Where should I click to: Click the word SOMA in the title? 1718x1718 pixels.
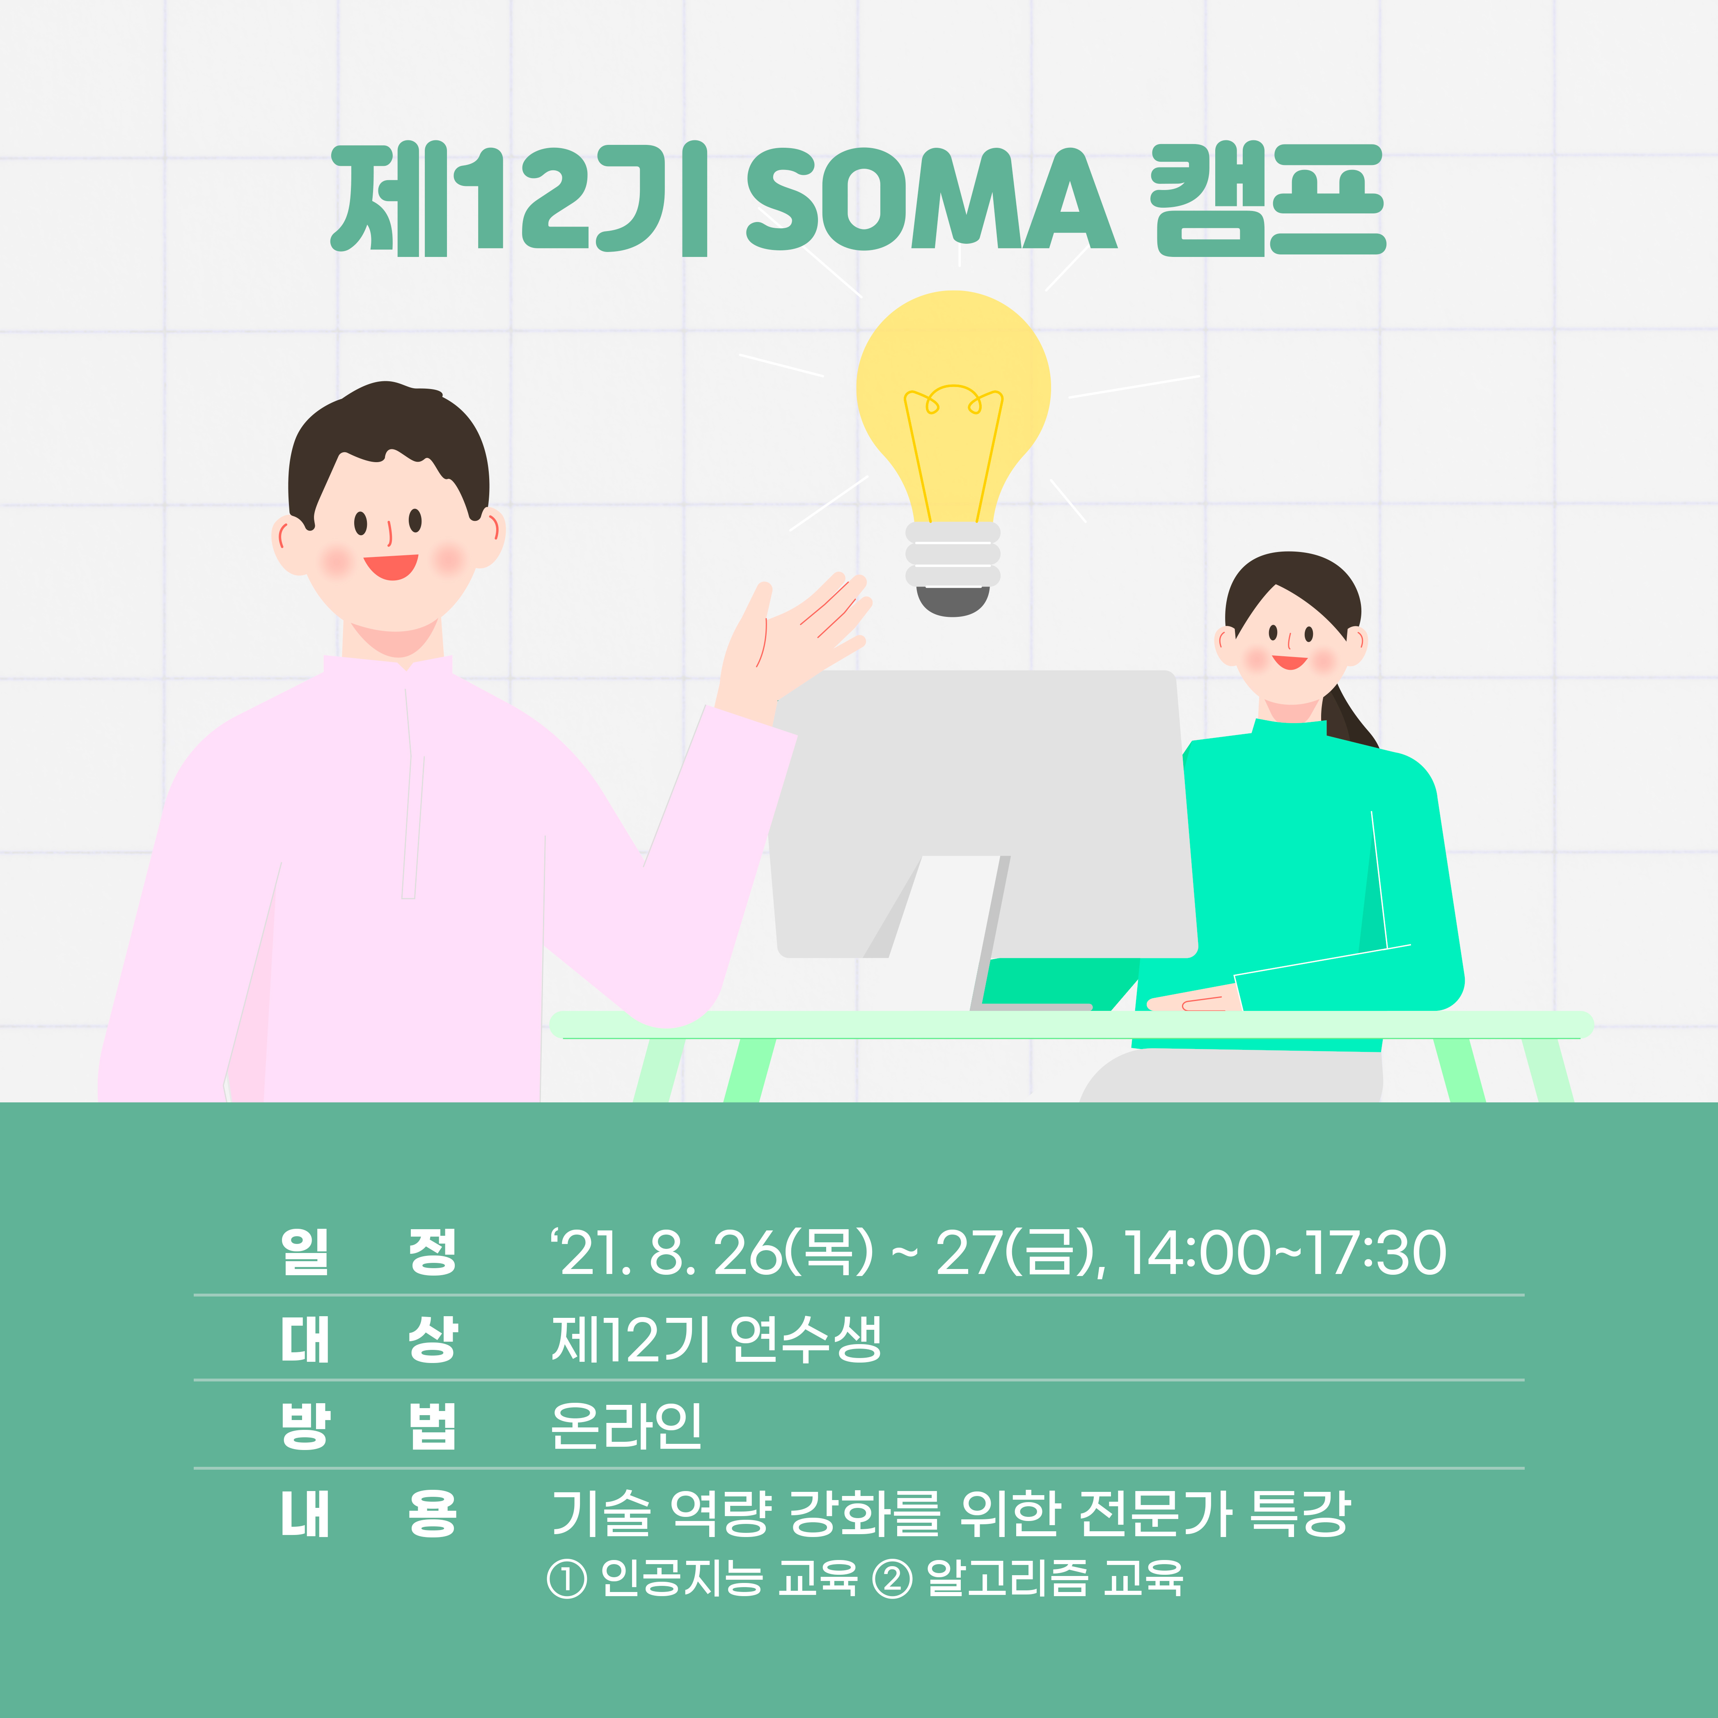pos(931,199)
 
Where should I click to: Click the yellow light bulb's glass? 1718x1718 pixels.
pos(953,400)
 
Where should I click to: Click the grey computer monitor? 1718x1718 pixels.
pos(983,813)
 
